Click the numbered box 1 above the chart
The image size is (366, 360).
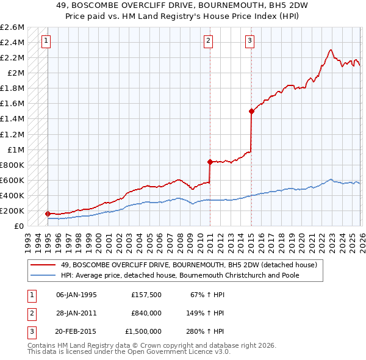pos(47,41)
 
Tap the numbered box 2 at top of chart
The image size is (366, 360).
pos(209,41)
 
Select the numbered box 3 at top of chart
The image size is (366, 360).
pos(250,41)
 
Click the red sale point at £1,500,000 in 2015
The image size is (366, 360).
pos(251,111)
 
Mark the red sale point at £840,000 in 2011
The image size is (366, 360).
pos(210,162)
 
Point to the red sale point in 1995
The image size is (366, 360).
pos(48,214)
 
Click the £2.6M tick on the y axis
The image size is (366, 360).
pos(12,27)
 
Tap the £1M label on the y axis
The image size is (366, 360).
pos(16,149)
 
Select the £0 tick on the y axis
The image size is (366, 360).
pos(20,226)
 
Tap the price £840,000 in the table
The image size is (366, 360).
pos(146,313)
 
